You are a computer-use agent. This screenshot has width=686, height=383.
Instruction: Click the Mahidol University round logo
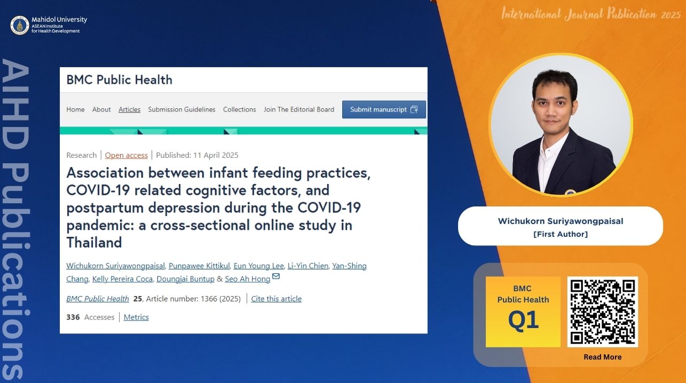click(20, 25)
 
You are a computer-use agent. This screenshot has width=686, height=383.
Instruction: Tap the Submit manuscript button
click(384, 109)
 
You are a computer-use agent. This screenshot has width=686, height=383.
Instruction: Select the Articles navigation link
click(129, 109)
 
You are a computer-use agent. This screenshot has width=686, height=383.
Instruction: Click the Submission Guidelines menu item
click(182, 109)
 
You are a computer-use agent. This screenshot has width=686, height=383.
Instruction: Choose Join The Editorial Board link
click(299, 109)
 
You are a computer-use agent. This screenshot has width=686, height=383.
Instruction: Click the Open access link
click(126, 155)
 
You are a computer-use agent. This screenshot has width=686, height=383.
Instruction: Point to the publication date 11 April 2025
click(216, 155)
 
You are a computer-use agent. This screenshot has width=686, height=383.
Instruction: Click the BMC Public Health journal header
click(120, 80)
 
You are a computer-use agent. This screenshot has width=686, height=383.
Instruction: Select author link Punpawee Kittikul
click(199, 266)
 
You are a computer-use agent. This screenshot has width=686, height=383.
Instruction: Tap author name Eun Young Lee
click(258, 266)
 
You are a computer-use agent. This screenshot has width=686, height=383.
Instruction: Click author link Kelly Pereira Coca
click(122, 279)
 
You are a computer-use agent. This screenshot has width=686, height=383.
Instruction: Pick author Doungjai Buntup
click(185, 279)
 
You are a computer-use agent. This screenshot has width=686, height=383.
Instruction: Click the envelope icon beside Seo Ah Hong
click(275, 276)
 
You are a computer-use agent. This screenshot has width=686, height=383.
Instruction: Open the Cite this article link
click(276, 299)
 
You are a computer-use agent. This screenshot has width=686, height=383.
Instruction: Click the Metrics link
click(136, 317)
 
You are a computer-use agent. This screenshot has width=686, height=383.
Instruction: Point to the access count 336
click(73, 317)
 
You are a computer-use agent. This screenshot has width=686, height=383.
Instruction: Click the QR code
click(602, 312)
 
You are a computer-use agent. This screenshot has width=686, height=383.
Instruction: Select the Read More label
click(602, 357)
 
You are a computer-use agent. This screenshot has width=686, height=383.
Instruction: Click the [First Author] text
click(561, 234)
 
